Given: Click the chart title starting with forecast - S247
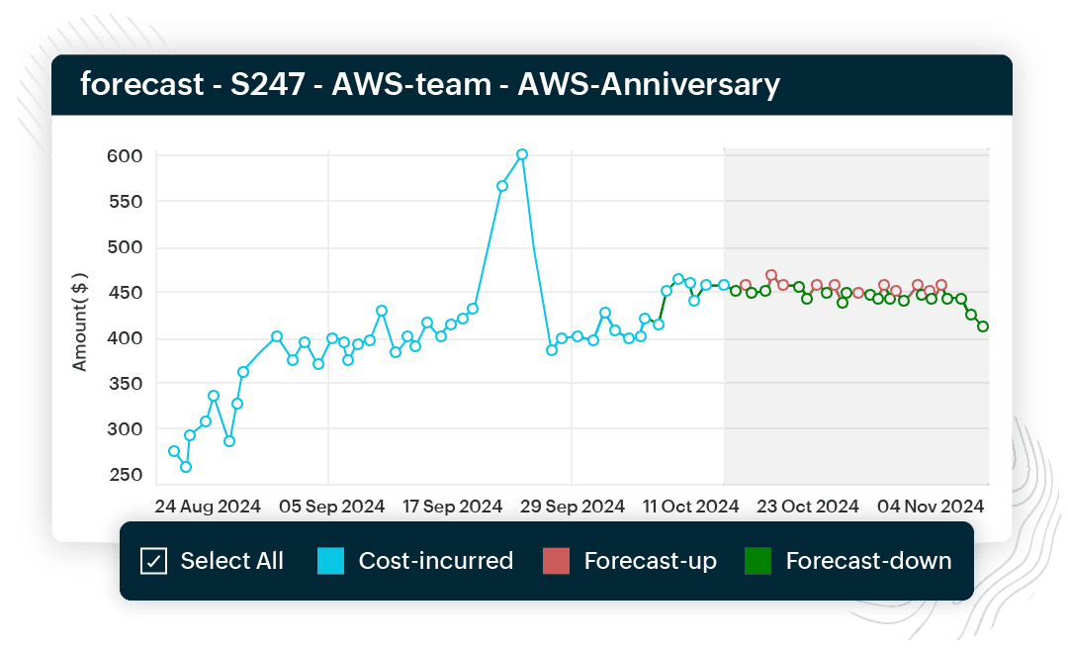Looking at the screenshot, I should (x=430, y=84).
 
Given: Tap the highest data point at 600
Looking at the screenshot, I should (x=522, y=154).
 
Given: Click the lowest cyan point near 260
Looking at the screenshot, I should (x=186, y=467).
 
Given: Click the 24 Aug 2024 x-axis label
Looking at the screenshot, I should (x=208, y=506).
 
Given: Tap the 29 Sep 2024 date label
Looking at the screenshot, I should (x=573, y=506).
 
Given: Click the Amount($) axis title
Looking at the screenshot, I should (x=80, y=323).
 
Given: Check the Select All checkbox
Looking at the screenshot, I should (x=153, y=562).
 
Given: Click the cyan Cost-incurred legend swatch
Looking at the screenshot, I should (x=331, y=562).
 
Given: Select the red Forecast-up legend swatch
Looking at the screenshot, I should (x=557, y=562).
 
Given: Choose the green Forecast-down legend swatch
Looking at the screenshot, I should (x=758, y=562).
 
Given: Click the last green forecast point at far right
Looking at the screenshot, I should (x=983, y=326).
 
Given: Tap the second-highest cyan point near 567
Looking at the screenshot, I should (x=502, y=186).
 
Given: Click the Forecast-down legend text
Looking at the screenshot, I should (x=868, y=562).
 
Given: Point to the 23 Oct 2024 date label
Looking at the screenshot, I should (x=808, y=506).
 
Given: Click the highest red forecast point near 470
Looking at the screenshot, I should (x=771, y=275).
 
